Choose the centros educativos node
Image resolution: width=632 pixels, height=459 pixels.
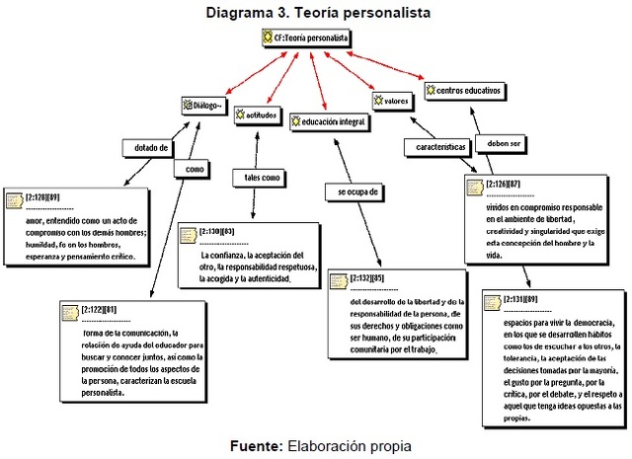click(463, 91)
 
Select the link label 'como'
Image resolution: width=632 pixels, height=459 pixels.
click(194, 170)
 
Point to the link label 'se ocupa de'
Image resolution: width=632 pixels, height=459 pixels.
click(353, 191)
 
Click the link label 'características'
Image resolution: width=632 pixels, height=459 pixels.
click(434, 146)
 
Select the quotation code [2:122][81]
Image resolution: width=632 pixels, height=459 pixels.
click(104, 309)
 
